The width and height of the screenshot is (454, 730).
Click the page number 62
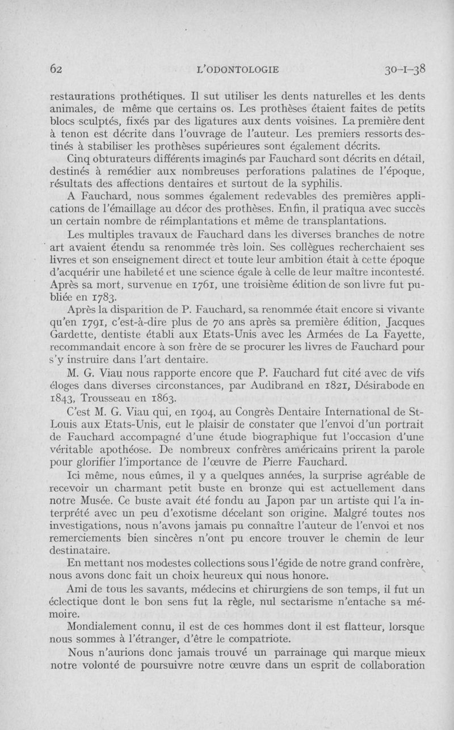56,69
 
